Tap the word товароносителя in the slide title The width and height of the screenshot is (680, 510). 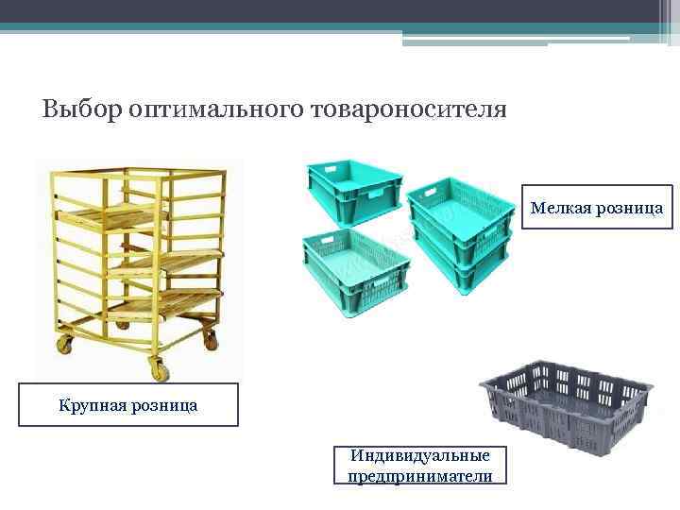pyautogui.click(x=407, y=110)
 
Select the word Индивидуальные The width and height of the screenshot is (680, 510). pyautogui.click(x=419, y=456)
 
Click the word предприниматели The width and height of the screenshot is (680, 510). pyautogui.click(x=419, y=476)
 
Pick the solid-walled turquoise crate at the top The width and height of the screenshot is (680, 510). pyautogui.click(x=352, y=187)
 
